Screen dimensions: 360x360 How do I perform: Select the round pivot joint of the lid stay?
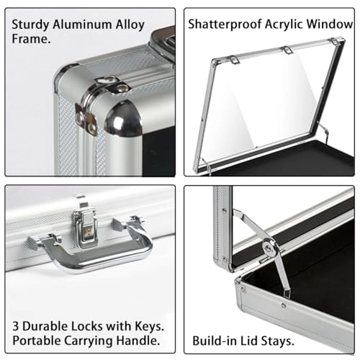tap(270, 248)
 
